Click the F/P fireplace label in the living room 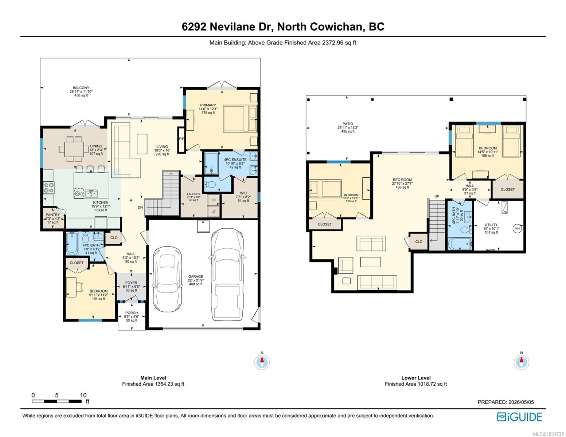181,139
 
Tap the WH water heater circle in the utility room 517,229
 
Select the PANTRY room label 52,215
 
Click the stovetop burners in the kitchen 49,188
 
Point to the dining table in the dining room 74,149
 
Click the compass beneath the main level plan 262,362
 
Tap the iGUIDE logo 519,417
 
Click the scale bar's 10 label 83,395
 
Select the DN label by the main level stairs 140,208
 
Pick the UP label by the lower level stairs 437,196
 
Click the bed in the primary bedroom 240,118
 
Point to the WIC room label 243,193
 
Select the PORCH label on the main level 131,313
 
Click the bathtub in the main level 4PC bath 72,244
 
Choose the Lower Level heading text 416,378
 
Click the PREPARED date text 506,402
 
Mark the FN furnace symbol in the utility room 505,208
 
